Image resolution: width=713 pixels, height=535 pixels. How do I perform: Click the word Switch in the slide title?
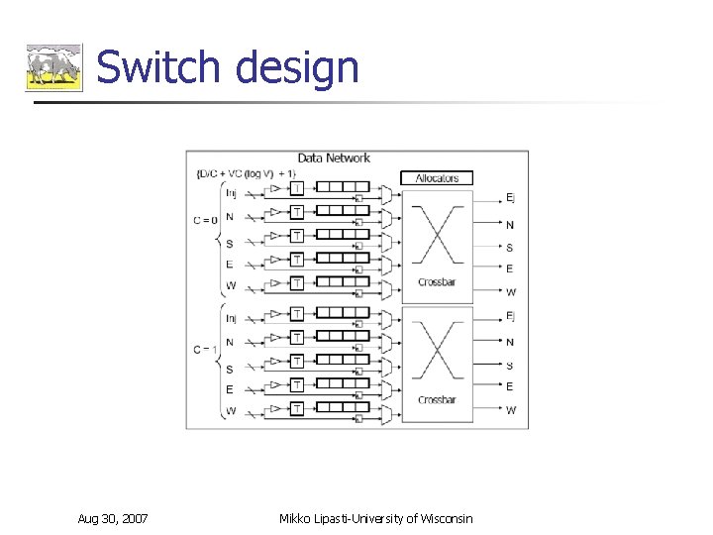click(157, 67)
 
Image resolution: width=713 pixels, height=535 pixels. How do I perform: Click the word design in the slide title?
click(298, 67)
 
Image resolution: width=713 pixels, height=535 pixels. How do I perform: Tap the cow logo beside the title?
click(53, 67)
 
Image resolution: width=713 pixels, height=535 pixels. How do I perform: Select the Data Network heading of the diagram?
click(334, 158)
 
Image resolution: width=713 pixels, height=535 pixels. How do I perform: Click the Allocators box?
click(437, 178)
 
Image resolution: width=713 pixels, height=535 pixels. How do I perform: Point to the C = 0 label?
click(206, 219)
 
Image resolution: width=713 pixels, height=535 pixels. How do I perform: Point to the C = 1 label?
click(206, 350)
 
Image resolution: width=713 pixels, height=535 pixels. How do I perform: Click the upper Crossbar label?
click(436, 282)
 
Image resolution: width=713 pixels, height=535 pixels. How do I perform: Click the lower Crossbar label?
click(436, 400)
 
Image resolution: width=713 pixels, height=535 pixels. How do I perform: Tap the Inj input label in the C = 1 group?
click(231, 318)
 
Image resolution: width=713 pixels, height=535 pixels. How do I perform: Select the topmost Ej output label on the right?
click(510, 198)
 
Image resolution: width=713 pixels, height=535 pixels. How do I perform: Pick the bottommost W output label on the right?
click(511, 410)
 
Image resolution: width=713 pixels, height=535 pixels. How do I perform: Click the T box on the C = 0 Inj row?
click(297, 188)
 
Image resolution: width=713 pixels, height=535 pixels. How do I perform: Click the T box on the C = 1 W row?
click(297, 408)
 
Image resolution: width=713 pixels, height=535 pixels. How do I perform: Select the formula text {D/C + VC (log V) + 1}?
click(247, 174)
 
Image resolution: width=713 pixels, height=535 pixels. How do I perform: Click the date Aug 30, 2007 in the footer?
click(114, 518)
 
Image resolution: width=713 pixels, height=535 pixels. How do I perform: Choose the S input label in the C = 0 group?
click(230, 244)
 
